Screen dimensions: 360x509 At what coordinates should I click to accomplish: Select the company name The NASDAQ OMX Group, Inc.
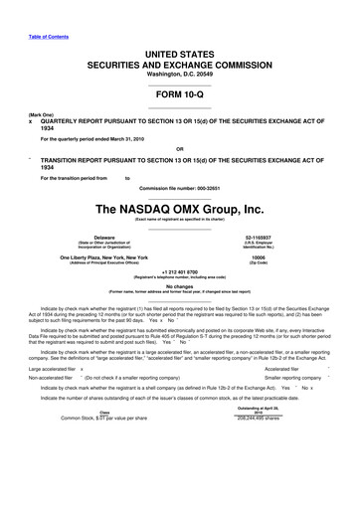179,210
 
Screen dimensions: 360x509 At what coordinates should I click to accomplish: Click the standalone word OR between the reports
179,152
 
